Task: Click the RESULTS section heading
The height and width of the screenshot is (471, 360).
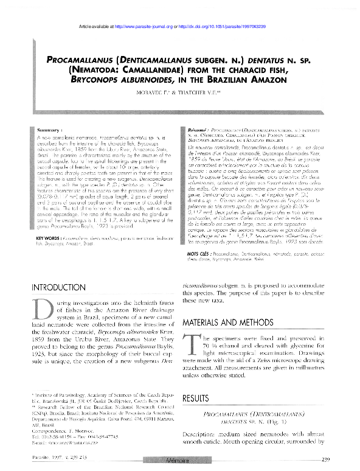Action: click(x=198, y=397)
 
